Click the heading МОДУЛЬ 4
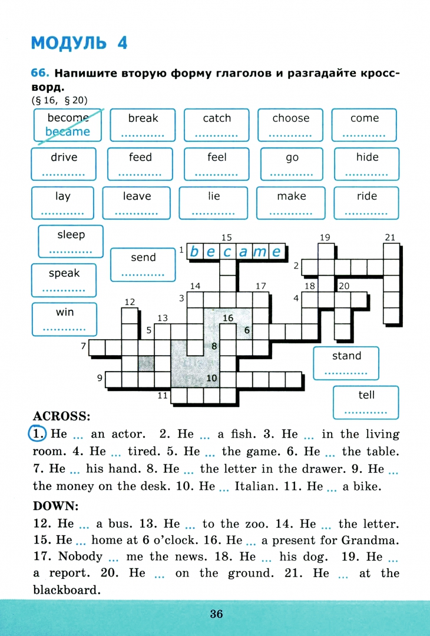(79, 43)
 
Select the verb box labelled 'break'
(143, 125)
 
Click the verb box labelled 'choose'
(290, 125)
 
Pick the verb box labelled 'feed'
(140, 164)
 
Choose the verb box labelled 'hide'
(366, 164)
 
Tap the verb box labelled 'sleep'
(71, 241)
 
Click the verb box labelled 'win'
(65, 319)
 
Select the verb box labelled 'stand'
(346, 363)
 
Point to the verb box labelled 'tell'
(366, 402)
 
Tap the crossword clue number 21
(389, 237)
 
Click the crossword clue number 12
(130, 302)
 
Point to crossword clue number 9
(100, 377)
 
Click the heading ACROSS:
(61, 416)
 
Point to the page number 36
(216, 614)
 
